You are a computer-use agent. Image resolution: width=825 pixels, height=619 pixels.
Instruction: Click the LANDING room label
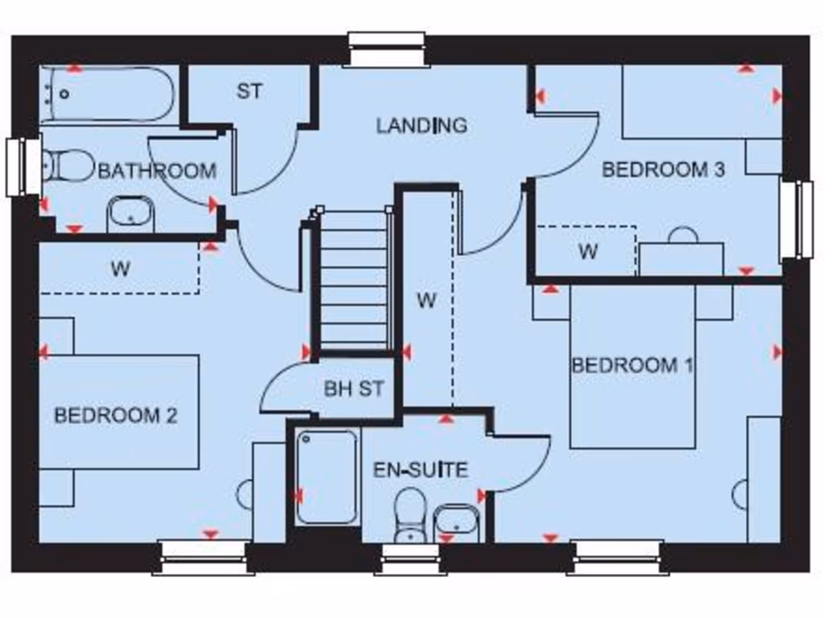421,125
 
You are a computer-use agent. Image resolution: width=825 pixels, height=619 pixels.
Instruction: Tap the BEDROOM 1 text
632,365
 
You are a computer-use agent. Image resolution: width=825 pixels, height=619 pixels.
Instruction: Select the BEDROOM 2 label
115,416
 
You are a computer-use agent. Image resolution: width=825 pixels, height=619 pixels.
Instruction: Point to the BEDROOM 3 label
663,169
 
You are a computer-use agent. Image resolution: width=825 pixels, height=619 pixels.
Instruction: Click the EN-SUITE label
421,469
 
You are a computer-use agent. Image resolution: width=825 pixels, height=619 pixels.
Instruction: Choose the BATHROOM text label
156,171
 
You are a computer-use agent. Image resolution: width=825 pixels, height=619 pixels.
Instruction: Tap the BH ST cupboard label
354,388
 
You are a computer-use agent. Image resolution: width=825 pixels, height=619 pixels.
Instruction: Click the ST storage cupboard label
249,91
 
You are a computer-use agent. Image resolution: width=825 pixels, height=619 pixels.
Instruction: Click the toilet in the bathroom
68,166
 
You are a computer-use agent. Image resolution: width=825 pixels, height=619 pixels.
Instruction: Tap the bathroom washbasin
131,214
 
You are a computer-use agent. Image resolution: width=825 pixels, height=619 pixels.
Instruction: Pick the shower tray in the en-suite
326,477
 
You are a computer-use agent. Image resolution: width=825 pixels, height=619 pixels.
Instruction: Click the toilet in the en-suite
411,514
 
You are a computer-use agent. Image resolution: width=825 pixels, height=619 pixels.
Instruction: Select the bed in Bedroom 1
632,367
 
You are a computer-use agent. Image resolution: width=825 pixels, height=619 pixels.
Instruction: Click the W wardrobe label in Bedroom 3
587,251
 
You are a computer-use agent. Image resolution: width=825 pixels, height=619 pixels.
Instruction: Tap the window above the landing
387,48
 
